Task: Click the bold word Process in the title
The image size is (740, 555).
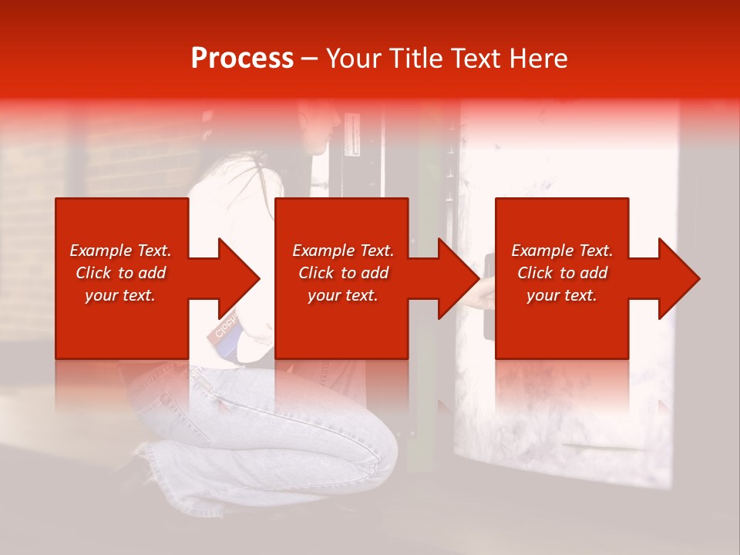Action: (x=242, y=59)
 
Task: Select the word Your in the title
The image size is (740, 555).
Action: (x=355, y=59)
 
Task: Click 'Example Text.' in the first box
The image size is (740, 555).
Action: (x=121, y=251)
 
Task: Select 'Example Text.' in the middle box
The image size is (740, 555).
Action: (x=343, y=251)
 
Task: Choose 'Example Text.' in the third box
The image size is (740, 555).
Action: (x=562, y=251)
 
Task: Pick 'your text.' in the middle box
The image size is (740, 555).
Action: (x=342, y=296)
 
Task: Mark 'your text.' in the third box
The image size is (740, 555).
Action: (x=561, y=296)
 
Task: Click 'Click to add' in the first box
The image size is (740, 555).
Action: (x=121, y=273)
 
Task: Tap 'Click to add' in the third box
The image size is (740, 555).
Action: (x=562, y=273)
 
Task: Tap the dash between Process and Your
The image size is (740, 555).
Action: (x=309, y=59)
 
